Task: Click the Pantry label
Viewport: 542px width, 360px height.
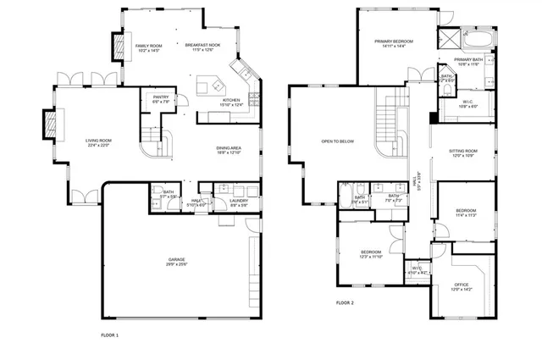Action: click(161, 97)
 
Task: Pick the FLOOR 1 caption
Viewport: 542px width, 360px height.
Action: click(110, 335)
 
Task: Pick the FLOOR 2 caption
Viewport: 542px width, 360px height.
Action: click(345, 302)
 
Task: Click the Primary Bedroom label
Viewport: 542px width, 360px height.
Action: click(394, 41)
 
